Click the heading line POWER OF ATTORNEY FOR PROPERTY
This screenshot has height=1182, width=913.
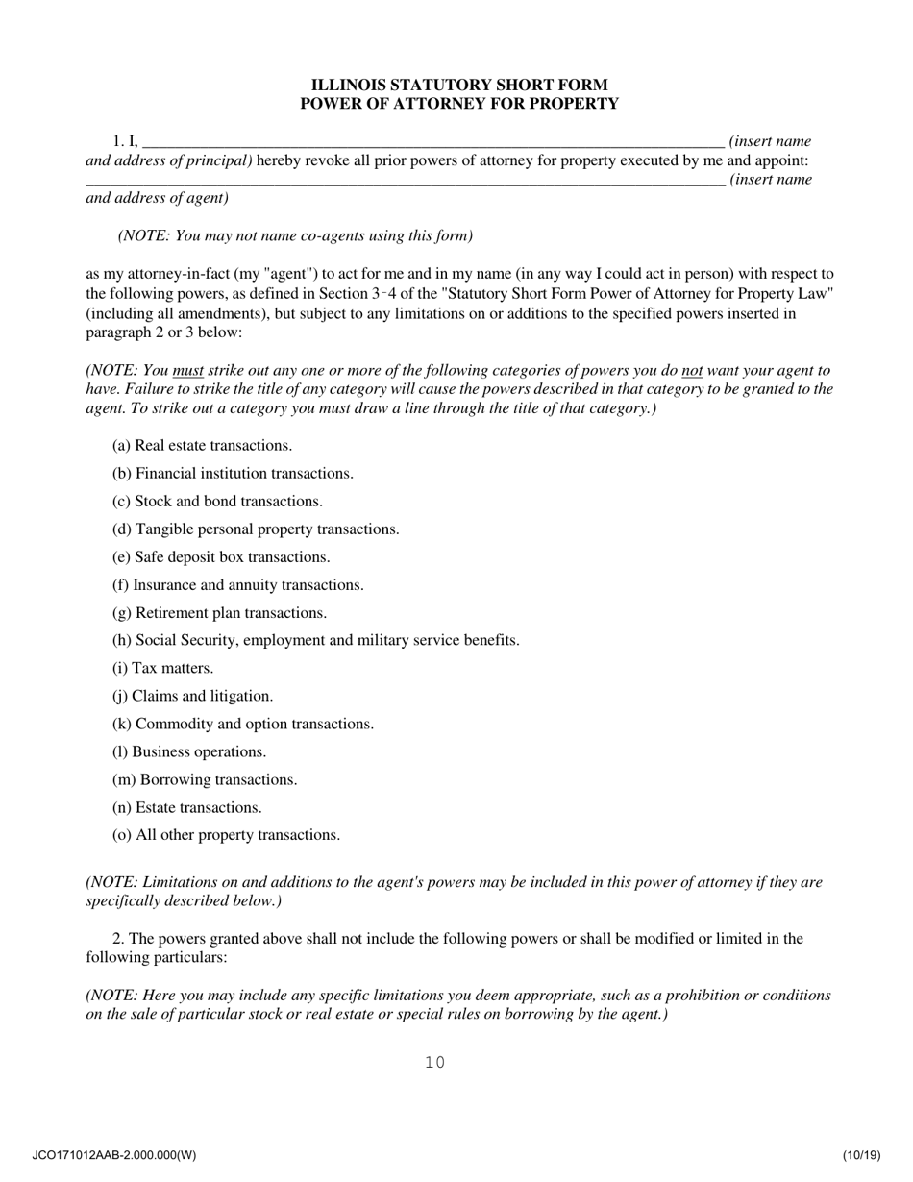(x=458, y=104)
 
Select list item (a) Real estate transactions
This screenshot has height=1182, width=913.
(x=202, y=446)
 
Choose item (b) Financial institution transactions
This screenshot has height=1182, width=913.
(x=233, y=474)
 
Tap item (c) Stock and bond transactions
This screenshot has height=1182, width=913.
(x=217, y=502)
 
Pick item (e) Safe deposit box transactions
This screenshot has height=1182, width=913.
(x=221, y=557)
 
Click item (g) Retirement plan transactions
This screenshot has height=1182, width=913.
(x=219, y=613)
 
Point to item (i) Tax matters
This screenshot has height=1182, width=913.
(x=162, y=668)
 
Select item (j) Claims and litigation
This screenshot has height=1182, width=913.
(x=192, y=696)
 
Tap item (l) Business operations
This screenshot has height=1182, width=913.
(x=189, y=751)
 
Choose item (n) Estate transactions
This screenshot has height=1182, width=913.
(x=186, y=807)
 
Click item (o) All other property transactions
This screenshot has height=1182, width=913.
(x=226, y=835)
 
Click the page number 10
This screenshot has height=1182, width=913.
(x=434, y=1062)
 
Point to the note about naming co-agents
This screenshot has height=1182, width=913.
(x=295, y=235)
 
